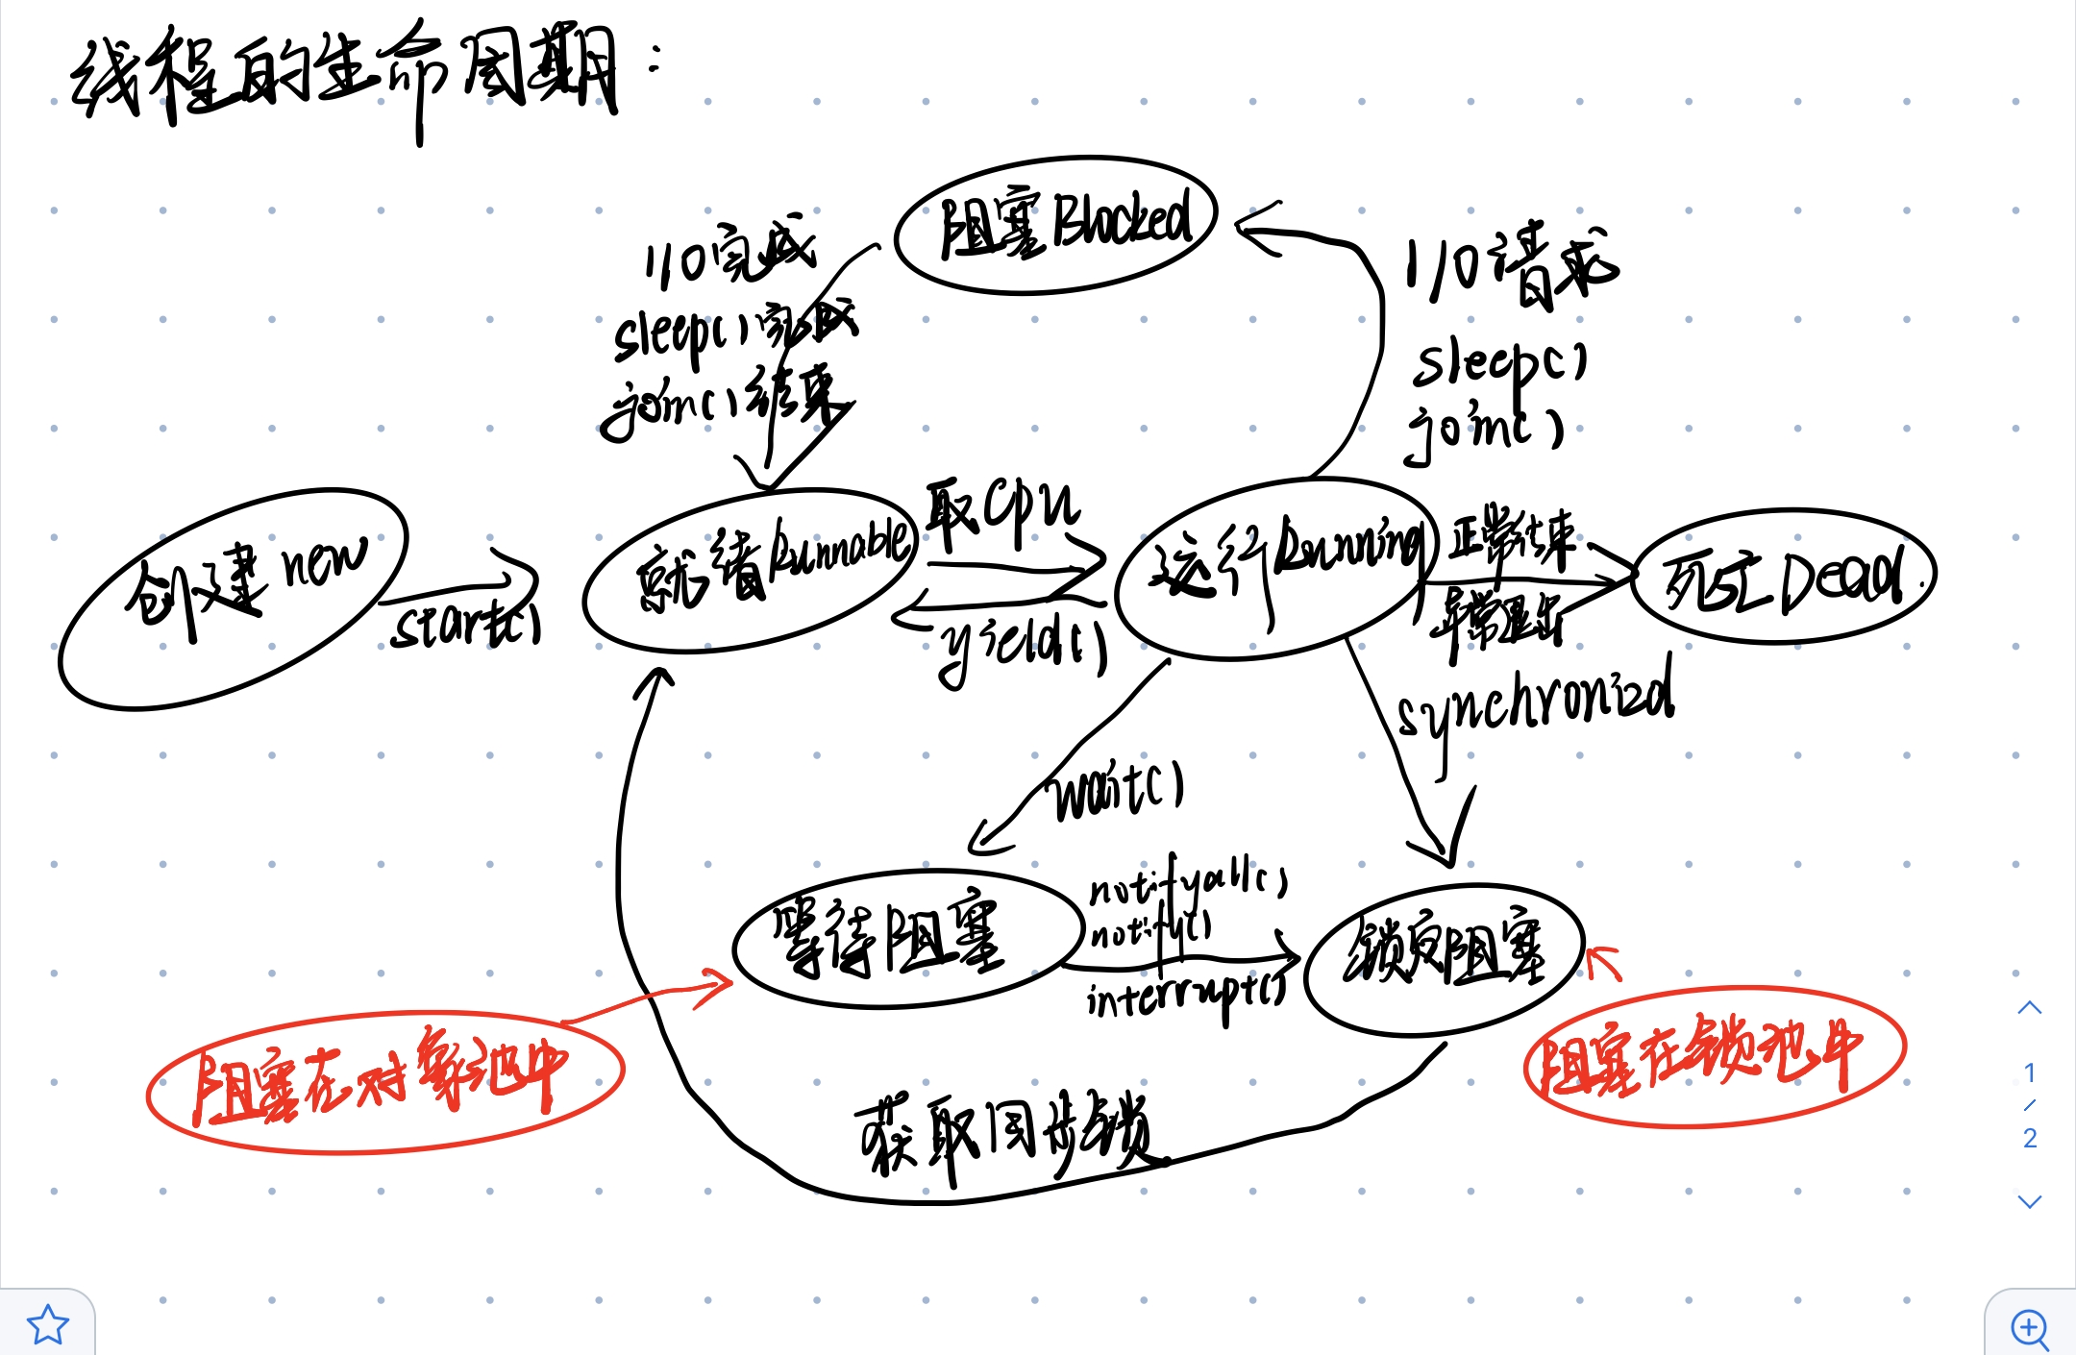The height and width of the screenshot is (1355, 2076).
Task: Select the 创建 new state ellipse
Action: tap(233, 600)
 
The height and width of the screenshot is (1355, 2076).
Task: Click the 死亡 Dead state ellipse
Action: tap(1784, 575)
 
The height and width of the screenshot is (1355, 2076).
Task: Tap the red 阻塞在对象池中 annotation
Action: tap(384, 1081)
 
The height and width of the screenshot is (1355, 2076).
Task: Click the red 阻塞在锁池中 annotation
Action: tap(1715, 1056)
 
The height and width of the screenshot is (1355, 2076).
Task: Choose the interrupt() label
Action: tap(1186, 999)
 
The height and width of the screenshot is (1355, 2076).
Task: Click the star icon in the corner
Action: tap(46, 1324)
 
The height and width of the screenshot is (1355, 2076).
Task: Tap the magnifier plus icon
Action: tap(2030, 1327)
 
